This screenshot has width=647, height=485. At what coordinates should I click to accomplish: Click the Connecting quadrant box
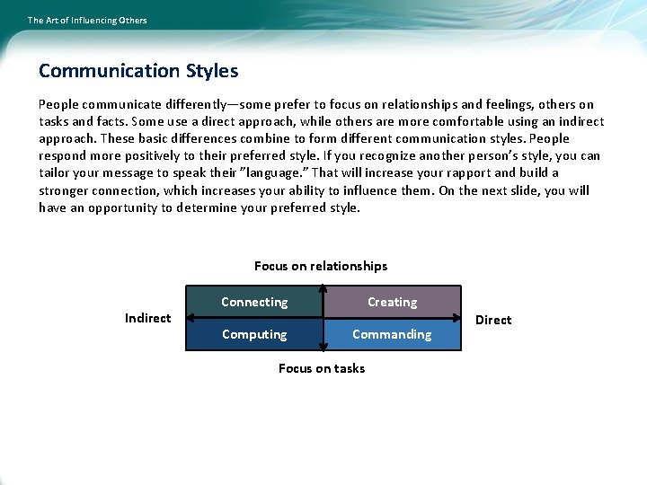coord(254,302)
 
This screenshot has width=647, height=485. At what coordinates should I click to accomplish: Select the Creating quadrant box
coord(392,302)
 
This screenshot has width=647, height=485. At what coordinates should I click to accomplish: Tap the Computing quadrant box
coord(254,334)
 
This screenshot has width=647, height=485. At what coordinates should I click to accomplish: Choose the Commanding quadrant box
coord(392,334)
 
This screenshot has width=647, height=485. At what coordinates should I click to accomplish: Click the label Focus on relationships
coord(321,266)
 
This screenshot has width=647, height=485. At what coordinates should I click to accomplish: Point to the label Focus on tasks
coord(322,368)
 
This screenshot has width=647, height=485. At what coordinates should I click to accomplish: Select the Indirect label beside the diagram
coord(147,318)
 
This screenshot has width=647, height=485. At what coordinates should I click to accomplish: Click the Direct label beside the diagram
coord(493,320)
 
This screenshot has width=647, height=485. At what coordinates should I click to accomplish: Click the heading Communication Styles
coord(138,70)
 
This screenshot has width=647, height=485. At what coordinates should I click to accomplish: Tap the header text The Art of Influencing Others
coord(87,20)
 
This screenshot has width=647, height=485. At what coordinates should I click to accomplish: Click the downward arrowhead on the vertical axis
coord(323,348)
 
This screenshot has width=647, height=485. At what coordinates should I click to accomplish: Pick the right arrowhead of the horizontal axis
coord(458,318)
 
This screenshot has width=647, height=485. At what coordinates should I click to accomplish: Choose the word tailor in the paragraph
coord(56,172)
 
